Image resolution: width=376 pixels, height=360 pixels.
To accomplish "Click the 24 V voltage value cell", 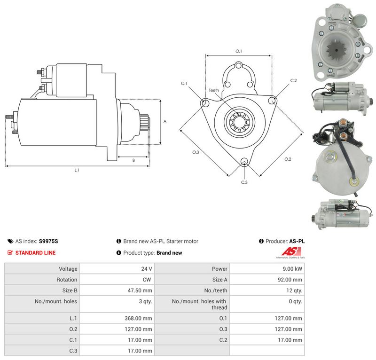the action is tap(147, 269).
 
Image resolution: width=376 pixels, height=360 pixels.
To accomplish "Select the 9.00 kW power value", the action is tap(292, 269).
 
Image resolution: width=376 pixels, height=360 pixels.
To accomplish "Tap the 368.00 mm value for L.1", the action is tap(138, 318).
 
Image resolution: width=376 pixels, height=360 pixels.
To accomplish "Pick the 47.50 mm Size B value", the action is tap(140, 290).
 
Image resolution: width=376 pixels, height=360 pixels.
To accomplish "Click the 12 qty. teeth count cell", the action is tap(294, 290).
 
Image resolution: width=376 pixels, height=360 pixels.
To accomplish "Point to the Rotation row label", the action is tap(67, 280).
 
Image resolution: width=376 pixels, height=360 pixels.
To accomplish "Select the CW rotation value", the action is tap(147, 280).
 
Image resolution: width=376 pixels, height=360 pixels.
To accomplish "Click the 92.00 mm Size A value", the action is tap(290, 280).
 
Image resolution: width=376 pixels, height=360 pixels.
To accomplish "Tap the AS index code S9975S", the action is tap(48, 241).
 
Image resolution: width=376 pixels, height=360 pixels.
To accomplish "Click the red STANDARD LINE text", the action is tap(36, 253).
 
